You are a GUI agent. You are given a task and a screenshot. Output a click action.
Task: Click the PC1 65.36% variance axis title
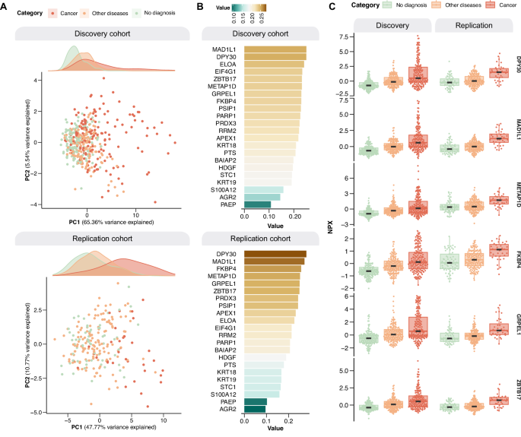point(110,223)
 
